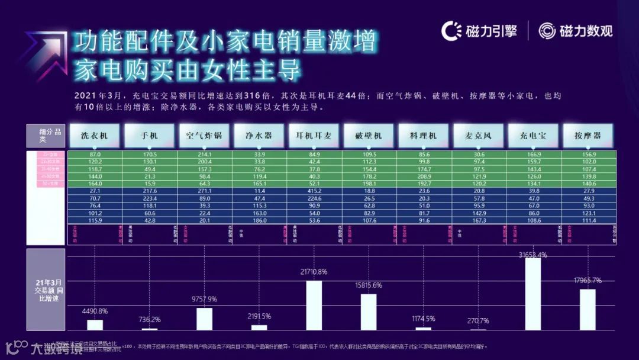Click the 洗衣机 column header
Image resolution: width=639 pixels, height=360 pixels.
[x=95, y=136]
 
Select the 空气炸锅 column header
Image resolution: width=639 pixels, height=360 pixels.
[x=204, y=136]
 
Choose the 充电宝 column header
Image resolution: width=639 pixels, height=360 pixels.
[x=533, y=136]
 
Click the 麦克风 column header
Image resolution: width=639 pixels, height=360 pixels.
[x=479, y=136]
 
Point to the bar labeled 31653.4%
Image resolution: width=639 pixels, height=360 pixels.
[x=533, y=294]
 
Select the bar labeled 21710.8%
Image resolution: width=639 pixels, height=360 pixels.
[x=314, y=305]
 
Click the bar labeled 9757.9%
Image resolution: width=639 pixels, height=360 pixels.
[x=205, y=319]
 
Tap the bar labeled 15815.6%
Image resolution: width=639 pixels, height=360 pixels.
[x=369, y=311]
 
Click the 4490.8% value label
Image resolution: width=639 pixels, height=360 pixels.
[x=95, y=311]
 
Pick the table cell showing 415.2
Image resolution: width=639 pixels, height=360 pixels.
[x=314, y=191]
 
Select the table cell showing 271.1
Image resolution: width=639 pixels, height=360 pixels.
[x=204, y=191]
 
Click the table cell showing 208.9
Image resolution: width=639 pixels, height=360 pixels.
[x=424, y=176]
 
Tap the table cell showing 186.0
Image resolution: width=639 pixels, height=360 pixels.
[x=259, y=220]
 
